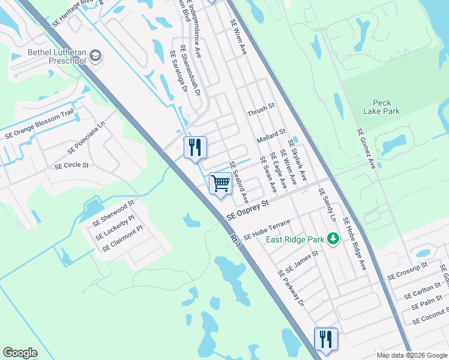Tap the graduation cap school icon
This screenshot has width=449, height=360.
(x=95, y=56)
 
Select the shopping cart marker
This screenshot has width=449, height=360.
(x=220, y=183)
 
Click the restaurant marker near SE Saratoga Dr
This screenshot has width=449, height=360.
(x=194, y=147)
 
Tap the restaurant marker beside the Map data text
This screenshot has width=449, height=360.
(x=325, y=339)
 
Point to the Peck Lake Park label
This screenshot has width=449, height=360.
(x=381, y=107)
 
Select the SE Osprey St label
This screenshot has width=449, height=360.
(x=247, y=211)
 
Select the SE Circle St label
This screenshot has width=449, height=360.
(x=71, y=166)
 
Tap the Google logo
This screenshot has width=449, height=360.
(x=20, y=353)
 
